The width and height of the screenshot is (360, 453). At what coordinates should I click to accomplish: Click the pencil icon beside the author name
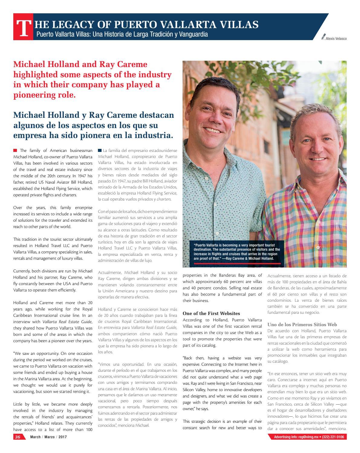tap(324, 37)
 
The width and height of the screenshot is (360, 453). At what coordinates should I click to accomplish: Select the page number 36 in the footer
tap(18, 437)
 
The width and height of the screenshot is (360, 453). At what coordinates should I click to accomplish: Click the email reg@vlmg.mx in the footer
tap(306, 437)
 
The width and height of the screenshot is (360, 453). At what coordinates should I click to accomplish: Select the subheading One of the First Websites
tap(211, 313)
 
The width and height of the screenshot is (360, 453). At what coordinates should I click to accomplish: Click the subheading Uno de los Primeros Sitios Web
tap(302, 325)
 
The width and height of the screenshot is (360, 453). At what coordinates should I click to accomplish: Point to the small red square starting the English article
tap(15, 150)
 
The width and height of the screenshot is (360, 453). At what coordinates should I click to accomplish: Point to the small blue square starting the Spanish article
tap(100, 150)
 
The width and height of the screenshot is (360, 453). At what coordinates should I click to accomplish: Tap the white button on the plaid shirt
tap(318, 247)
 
